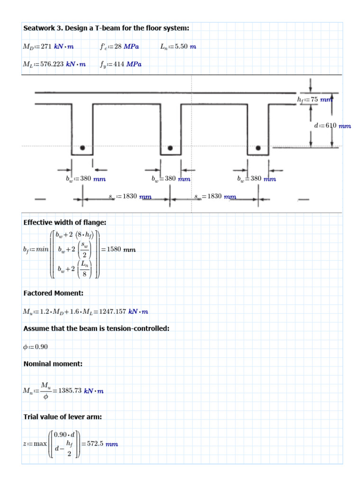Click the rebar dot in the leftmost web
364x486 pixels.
pos(82,148)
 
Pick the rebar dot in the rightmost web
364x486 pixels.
pos(258,148)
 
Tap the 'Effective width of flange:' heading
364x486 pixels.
pos(65,222)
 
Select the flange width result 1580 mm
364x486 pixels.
pos(122,250)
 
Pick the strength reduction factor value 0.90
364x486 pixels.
pos(41,346)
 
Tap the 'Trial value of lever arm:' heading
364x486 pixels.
pos(63,417)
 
